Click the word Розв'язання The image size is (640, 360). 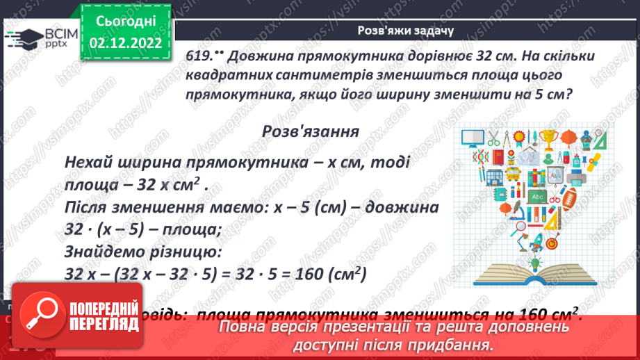(x=310, y=131)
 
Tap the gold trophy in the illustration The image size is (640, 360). (x=549, y=139)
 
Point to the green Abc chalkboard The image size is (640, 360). (x=536, y=197)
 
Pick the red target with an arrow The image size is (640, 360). (x=552, y=244)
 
